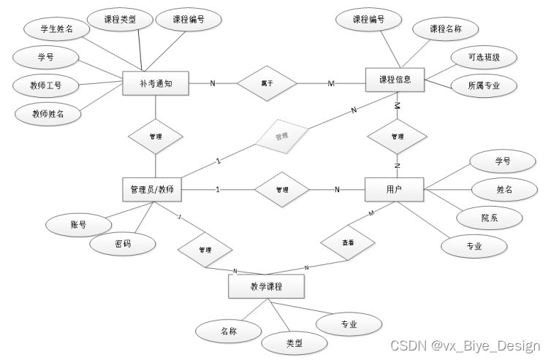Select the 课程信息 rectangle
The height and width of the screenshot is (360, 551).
pyautogui.click(x=395, y=79)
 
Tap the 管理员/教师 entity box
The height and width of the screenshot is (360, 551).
pyautogui.click(x=151, y=190)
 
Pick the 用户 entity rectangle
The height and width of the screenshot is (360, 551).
pyautogui.click(x=395, y=190)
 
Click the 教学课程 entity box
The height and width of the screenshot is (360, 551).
pyautogui.click(x=266, y=287)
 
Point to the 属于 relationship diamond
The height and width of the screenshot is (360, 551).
pyautogui.click(x=267, y=83)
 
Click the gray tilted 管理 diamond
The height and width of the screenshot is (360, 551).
pyautogui.click(x=282, y=136)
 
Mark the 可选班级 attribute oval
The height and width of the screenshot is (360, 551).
pyautogui.click(x=484, y=57)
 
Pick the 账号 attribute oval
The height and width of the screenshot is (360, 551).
pyautogui.click(x=78, y=224)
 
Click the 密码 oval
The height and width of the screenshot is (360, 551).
pyautogui.click(x=123, y=244)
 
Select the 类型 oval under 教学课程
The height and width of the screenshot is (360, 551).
pyautogui.click(x=294, y=342)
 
